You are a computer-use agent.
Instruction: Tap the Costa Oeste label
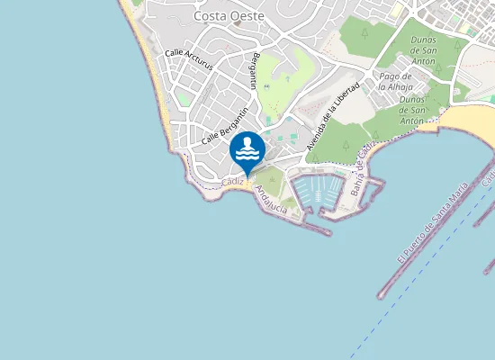[229, 16]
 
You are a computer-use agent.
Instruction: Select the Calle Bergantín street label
[225, 126]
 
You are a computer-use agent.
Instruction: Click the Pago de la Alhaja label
[395, 82]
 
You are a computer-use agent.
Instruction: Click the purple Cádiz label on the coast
[232, 183]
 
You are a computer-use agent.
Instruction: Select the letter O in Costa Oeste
[236, 16]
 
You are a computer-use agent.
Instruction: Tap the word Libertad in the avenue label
[347, 97]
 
